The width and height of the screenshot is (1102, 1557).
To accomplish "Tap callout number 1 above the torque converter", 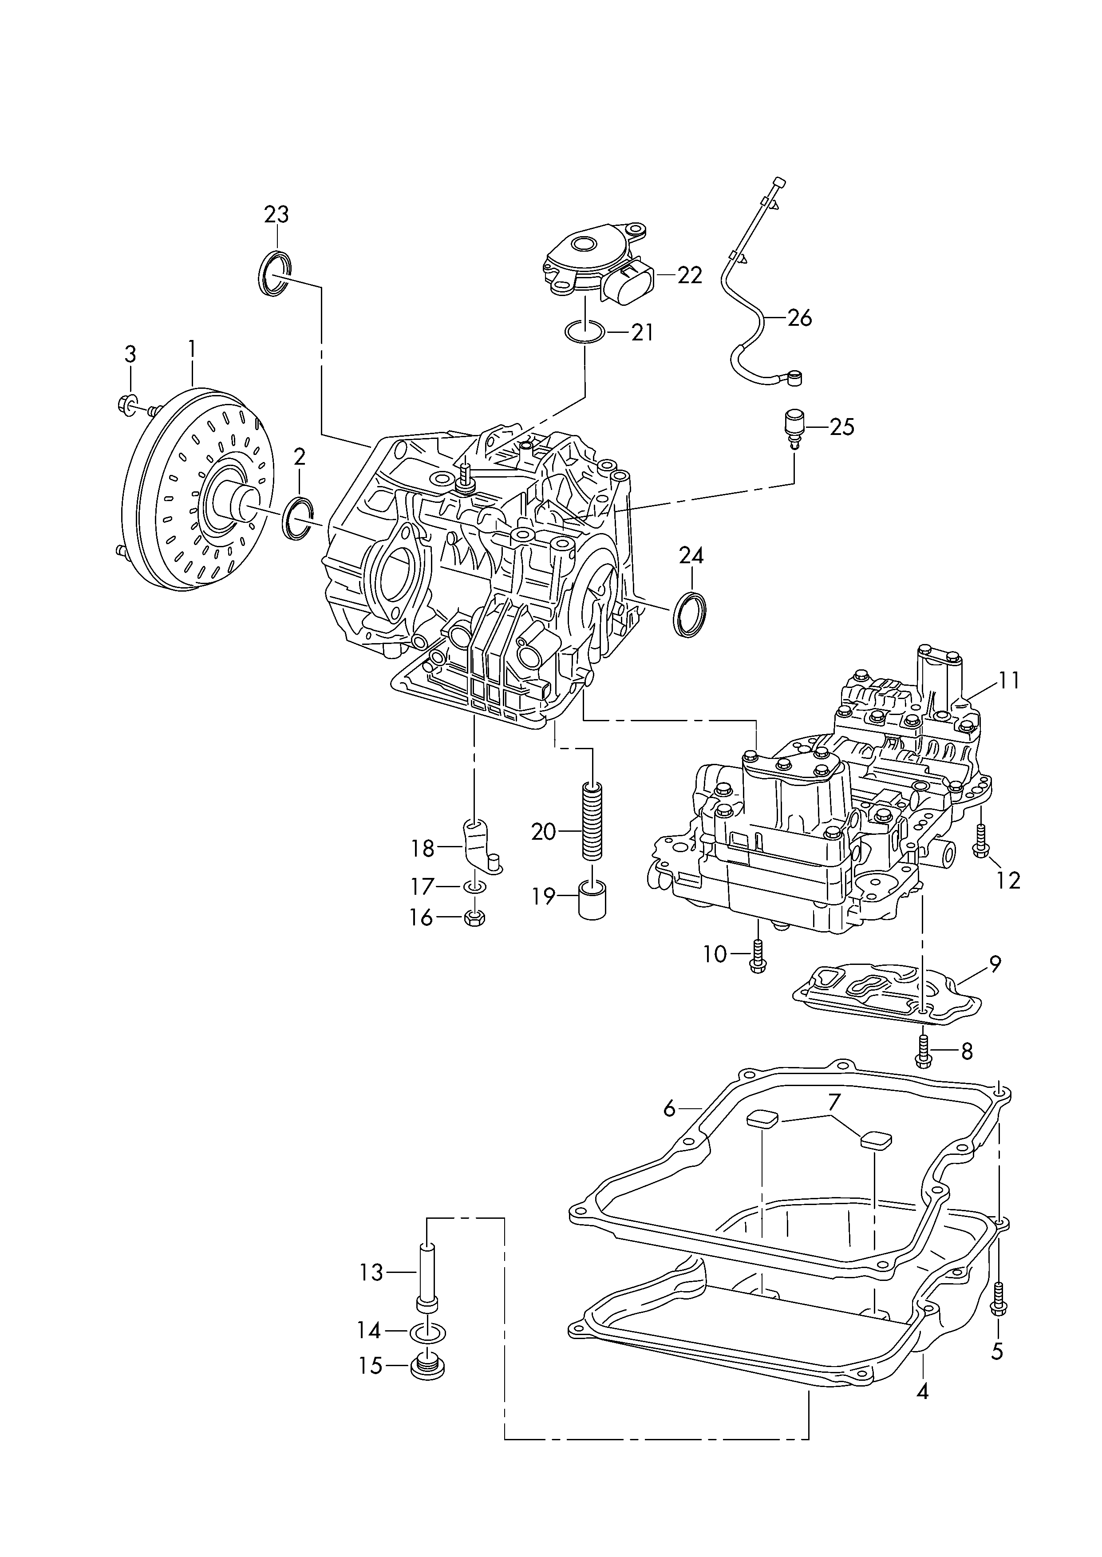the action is [192, 350].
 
